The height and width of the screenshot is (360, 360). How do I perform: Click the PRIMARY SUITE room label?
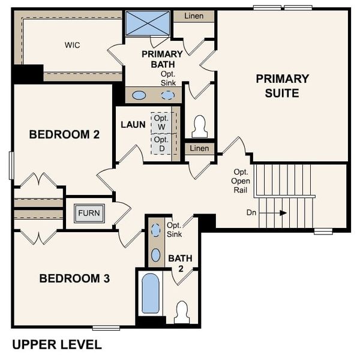(282, 86)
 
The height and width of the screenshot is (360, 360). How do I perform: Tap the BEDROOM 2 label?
(64, 135)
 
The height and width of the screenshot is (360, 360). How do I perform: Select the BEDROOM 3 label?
(74, 278)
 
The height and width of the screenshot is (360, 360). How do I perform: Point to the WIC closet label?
(73, 45)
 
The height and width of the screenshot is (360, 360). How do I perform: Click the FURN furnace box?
(89, 213)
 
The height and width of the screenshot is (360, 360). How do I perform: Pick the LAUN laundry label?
(133, 125)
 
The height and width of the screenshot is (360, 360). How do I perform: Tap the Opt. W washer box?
(161, 122)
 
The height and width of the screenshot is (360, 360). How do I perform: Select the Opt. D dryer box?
(161, 144)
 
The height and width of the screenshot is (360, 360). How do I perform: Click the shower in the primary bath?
(147, 23)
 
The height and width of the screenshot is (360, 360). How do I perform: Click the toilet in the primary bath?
(200, 127)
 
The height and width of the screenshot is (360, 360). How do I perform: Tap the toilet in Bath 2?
(181, 312)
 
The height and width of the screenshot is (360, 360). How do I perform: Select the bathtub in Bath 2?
(150, 293)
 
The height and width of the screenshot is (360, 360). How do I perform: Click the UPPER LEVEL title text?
(57, 345)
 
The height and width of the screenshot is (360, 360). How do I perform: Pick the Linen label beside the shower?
(193, 16)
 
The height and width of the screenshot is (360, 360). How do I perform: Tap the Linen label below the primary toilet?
(199, 148)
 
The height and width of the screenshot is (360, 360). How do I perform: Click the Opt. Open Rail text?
(241, 180)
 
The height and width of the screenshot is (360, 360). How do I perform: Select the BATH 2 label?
(180, 262)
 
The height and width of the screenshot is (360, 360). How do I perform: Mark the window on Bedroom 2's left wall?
(11, 166)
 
